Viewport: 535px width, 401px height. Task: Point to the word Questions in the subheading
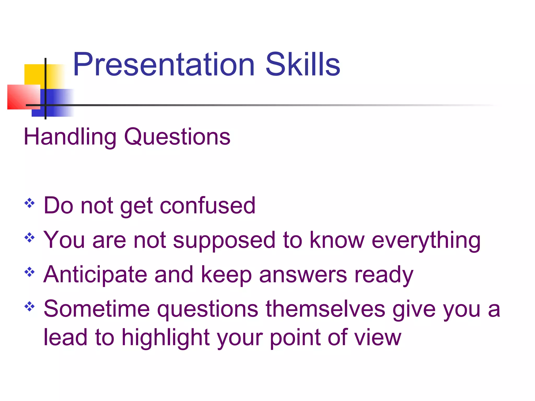point(177,137)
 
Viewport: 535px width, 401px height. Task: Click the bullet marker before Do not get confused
point(30,203)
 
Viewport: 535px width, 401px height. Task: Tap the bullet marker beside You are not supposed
point(30,238)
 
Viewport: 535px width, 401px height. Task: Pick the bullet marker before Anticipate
point(30,272)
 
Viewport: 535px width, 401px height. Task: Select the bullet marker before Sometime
point(30,306)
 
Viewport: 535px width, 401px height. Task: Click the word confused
point(207,206)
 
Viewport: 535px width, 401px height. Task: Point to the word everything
point(426,240)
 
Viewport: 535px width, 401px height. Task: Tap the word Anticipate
point(95,275)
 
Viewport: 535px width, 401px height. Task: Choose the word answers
point(303,275)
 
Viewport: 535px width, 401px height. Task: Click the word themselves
point(325,309)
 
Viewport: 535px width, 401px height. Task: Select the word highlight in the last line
point(166,338)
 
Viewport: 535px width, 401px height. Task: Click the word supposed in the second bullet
point(224,240)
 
